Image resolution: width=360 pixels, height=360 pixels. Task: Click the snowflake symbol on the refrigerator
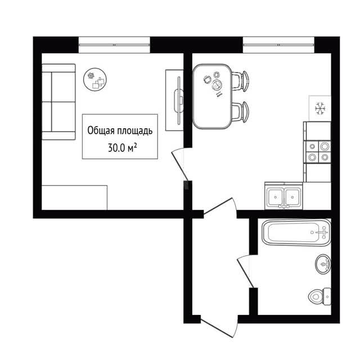(320, 109)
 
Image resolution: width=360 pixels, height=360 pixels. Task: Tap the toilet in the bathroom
(319, 296)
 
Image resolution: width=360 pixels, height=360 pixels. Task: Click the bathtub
(296, 232)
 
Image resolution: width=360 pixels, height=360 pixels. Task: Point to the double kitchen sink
(283, 196)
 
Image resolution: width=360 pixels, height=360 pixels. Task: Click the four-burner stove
(318, 152)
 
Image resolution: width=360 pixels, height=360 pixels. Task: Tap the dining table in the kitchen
(212, 96)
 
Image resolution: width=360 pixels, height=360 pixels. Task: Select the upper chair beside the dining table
(240, 81)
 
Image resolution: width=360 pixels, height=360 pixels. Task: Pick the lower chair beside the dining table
(240, 112)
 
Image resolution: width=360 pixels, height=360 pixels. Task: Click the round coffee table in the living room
(95, 79)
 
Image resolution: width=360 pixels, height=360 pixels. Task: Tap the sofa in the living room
(58, 102)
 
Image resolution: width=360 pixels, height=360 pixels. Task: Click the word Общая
(101, 130)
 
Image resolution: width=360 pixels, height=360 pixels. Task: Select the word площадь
(135, 131)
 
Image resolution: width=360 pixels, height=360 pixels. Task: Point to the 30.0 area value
(116, 148)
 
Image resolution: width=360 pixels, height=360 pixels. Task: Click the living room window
(114, 45)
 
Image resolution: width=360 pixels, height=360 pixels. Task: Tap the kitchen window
(278, 45)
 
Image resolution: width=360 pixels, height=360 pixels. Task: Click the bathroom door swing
(246, 271)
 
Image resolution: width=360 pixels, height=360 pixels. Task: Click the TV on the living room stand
(179, 100)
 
